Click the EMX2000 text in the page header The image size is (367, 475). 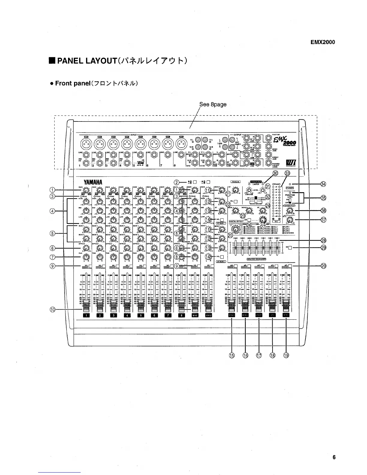[323, 42]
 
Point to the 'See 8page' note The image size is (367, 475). [213, 104]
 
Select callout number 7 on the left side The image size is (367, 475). [52, 256]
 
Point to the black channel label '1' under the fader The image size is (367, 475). [86, 315]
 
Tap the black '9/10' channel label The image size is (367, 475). [195, 315]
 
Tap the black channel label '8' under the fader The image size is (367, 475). [181, 315]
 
